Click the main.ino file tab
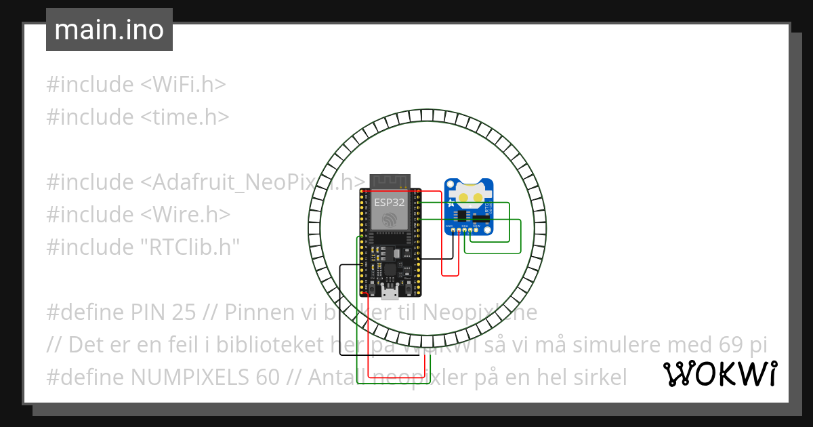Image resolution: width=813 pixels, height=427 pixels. (109, 30)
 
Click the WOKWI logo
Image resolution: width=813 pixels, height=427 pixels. (720, 374)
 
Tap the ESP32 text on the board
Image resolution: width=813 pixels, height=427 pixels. (390, 202)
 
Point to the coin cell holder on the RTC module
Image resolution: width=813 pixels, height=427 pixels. (469, 195)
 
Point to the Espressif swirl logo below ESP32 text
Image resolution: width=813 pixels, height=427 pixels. (390, 219)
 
